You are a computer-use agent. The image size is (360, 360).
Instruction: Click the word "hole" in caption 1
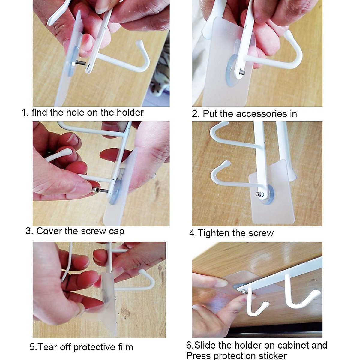point(76,112)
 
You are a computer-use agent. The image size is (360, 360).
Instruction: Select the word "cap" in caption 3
point(117,232)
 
